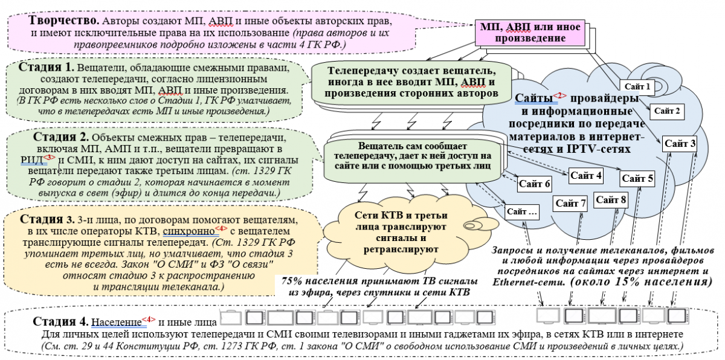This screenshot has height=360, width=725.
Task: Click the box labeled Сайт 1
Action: [x=637, y=86]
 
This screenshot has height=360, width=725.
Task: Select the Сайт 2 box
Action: [x=668, y=111]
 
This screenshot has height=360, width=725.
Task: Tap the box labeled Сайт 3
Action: [x=680, y=143]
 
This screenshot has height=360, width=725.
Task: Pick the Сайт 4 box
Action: [x=586, y=176]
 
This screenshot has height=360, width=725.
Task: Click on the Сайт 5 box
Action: [x=637, y=178]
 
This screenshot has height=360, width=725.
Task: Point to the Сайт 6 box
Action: [x=534, y=183]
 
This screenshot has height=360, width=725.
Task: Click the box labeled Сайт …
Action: [x=522, y=212]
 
